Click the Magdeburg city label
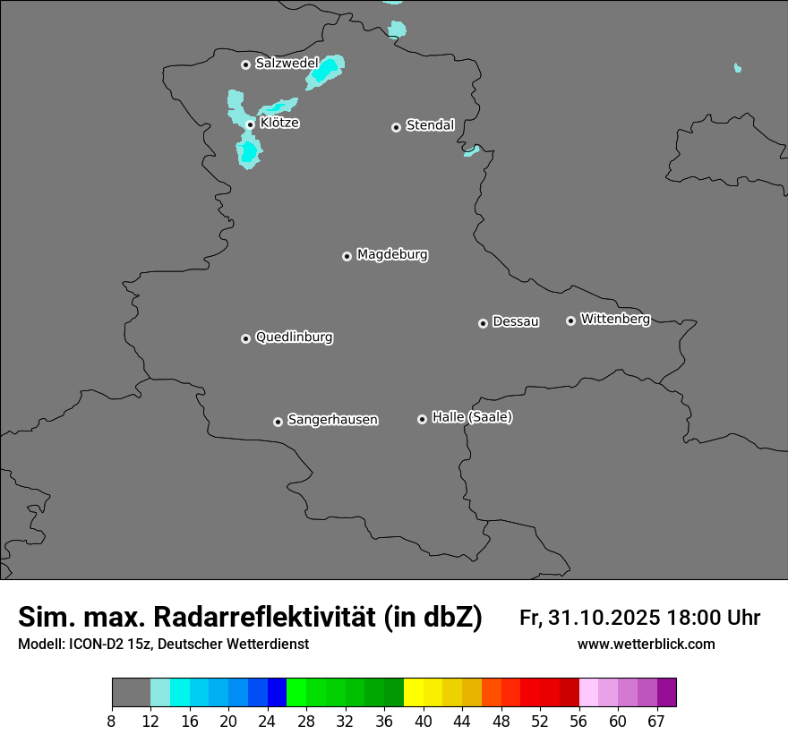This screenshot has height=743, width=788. (x=391, y=255)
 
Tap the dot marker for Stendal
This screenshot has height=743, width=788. (x=396, y=127)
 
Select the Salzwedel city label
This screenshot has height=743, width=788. (x=287, y=64)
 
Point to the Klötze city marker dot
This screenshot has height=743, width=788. (x=250, y=124)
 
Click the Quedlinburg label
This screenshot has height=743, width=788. (x=294, y=337)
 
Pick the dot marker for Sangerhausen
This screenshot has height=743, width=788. (x=278, y=422)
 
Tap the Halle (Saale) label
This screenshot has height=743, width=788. (x=472, y=417)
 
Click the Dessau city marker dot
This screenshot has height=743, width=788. (x=483, y=323)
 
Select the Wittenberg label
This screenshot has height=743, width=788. (x=615, y=319)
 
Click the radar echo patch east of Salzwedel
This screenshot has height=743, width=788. (x=324, y=72)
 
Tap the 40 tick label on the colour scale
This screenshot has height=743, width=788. (x=424, y=721)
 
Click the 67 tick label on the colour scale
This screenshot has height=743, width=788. (x=657, y=721)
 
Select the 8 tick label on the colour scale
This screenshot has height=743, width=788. (x=112, y=721)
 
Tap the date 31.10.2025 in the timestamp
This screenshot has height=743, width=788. (x=601, y=618)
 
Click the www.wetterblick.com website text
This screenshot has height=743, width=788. (x=646, y=645)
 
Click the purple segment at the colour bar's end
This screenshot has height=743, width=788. (x=666, y=693)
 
